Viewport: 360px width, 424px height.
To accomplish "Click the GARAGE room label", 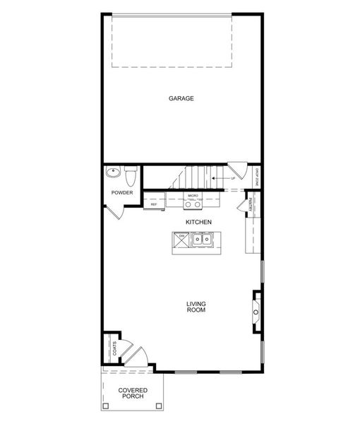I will point(181,98).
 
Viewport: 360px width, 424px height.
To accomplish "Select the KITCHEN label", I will point(198,222).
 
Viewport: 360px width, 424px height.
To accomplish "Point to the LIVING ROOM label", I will point(196,307).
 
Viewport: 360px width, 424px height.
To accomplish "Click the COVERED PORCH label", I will point(132,393).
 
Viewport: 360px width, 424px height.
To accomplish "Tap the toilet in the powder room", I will point(131,173).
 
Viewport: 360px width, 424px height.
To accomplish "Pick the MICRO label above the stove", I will point(193,195).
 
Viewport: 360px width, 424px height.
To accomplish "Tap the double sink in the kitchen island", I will point(202,240).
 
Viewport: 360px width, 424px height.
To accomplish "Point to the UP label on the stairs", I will point(232,178).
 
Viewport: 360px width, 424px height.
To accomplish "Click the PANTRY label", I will point(251,205).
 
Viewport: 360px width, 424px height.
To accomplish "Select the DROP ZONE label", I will point(256,178).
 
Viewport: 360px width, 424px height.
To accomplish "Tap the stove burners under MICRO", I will point(193,204).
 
